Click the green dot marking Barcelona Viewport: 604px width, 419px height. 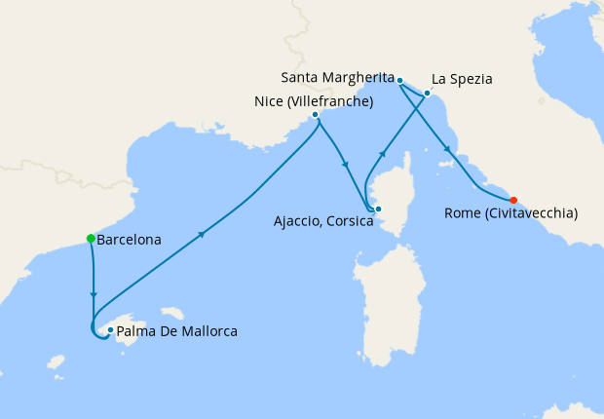click(91, 238)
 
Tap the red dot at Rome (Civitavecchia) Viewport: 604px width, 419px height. click(513, 201)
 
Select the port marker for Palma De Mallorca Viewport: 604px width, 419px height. click(111, 330)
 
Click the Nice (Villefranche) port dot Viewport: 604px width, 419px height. click(315, 114)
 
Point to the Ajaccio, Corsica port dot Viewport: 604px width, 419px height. click(378, 209)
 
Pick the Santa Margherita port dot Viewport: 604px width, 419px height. click(400, 80)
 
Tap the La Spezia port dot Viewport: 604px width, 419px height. click(427, 94)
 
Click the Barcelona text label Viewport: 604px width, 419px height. click(130, 239)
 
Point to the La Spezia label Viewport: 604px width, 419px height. click(462, 78)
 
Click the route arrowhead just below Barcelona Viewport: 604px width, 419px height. click(94, 293)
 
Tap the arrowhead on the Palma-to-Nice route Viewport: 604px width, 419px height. click(202, 235)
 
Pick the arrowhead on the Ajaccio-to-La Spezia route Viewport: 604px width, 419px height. click(383, 154)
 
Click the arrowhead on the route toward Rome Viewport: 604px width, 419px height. click(447, 149)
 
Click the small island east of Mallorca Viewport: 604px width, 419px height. click(172, 314)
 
